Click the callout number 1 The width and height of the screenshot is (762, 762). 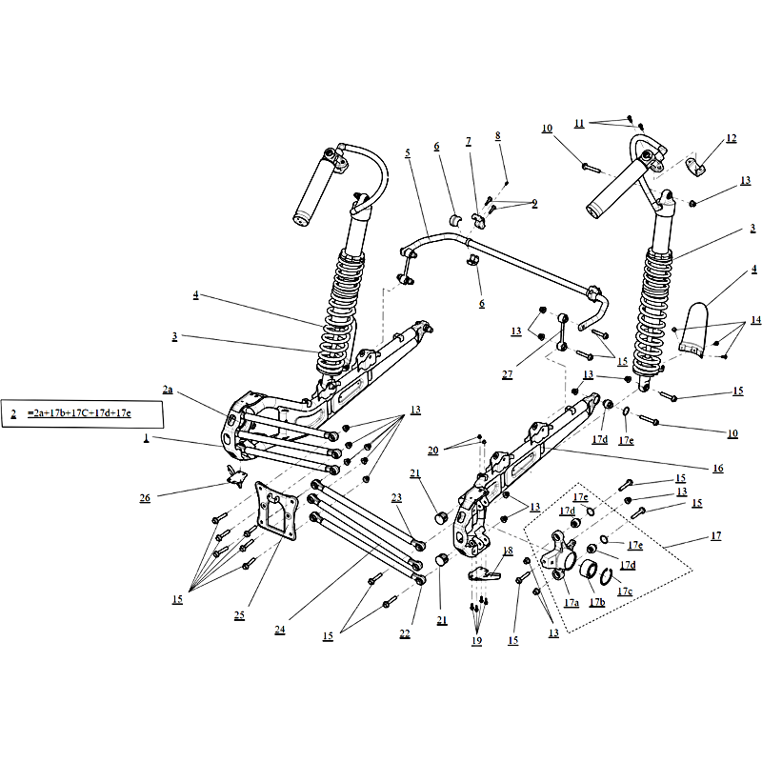146,437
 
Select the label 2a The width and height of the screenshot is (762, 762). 168,390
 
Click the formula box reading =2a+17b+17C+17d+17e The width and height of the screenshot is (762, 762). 82,413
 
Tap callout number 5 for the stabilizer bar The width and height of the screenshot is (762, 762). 406,152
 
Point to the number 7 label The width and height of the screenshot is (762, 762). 468,141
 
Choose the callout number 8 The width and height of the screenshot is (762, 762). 497,136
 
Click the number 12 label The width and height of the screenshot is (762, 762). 731,138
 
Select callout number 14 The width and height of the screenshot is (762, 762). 755,320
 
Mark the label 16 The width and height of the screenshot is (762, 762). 716,468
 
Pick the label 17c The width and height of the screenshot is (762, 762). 625,591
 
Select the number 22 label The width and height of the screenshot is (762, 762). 404,634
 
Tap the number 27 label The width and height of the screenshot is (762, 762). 507,374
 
